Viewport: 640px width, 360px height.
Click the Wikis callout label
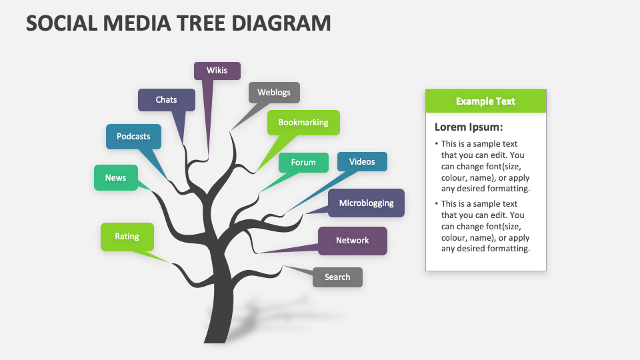pos(217,71)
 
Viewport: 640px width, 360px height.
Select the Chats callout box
pos(167,100)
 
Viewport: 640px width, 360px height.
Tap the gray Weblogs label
pos(274,93)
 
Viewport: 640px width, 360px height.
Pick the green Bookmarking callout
pos(303,123)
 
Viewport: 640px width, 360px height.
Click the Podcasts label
pos(133,137)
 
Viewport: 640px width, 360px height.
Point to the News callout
pos(115,178)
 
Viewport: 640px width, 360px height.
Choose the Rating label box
pos(127,237)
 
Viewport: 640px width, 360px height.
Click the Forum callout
pos(303,163)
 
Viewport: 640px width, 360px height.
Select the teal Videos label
pos(362,162)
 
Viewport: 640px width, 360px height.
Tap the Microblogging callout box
pos(366,203)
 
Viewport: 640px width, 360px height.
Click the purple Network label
pos(352,241)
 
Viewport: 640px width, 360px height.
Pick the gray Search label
pos(337,277)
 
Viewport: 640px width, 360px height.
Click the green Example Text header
pos(485,101)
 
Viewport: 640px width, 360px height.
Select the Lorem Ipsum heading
pos(469,127)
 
